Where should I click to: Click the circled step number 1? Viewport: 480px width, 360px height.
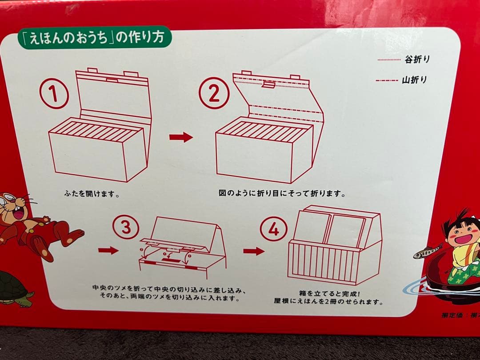(x=54, y=93)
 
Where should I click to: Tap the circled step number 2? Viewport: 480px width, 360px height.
(x=214, y=93)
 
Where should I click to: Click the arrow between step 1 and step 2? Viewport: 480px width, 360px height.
(x=181, y=137)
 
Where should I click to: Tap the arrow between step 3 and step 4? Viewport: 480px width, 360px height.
(x=254, y=251)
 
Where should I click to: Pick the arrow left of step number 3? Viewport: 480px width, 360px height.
(x=108, y=251)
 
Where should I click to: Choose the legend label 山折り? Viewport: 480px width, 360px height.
(x=414, y=80)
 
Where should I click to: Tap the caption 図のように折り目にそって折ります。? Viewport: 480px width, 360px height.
(x=282, y=194)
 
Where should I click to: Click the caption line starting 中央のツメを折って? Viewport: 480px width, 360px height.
(x=169, y=290)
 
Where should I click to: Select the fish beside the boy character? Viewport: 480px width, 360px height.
(x=428, y=252)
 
